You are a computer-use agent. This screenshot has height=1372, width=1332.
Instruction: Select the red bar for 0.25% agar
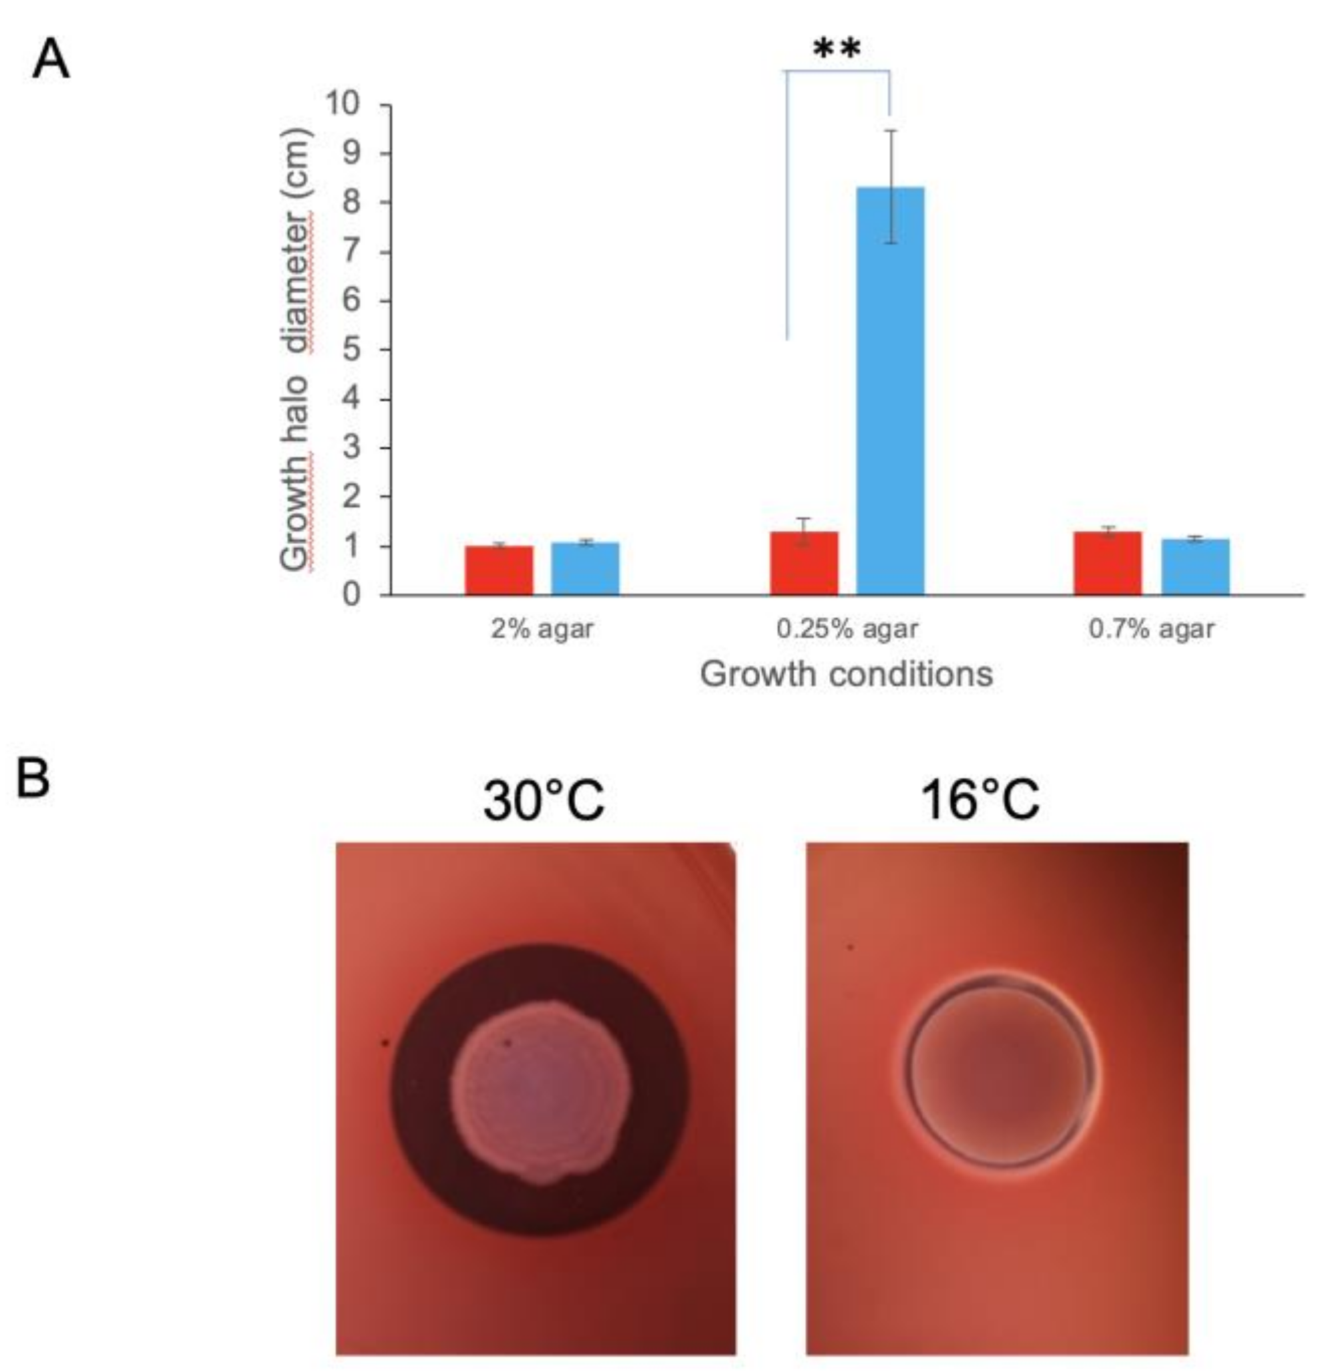tap(804, 564)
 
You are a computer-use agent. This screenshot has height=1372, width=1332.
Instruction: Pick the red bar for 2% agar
tap(499, 570)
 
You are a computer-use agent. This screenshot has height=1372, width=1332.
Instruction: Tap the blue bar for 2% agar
tap(585, 568)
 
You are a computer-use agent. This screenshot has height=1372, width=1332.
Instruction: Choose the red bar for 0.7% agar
tap(1108, 564)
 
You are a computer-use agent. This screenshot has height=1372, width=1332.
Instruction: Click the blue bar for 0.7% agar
tap(1195, 567)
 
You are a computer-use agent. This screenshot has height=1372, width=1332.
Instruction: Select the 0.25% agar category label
tap(847, 629)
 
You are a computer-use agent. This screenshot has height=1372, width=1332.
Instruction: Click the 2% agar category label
tap(542, 629)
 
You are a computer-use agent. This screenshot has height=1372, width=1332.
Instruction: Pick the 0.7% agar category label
tap(1151, 629)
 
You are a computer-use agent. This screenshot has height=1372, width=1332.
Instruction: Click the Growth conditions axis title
tap(847, 675)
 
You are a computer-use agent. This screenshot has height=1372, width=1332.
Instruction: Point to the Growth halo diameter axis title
tap(295, 350)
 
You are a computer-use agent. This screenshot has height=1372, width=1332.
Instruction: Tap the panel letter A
tap(51, 60)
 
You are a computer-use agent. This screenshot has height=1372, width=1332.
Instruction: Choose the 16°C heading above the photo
tap(979, 800)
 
